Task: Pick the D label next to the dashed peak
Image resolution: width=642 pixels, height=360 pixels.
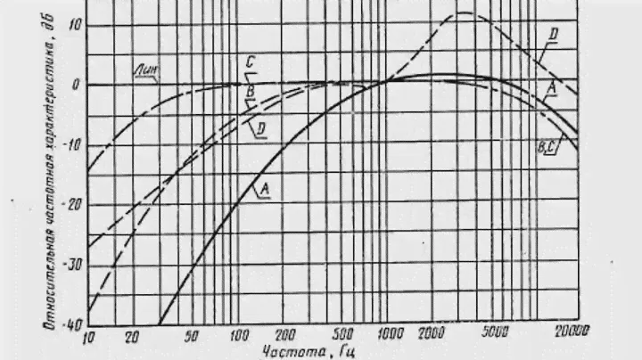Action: pyautogui.click(x=553, y=35)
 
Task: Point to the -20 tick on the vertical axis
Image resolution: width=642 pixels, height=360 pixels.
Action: pyautogui.click(x=70, y=204)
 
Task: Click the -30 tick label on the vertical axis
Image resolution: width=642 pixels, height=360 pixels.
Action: pyautogui.click(x=70, y=264)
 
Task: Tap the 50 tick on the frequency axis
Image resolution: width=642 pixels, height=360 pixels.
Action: pyautogui.click(x=190, y=336)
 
